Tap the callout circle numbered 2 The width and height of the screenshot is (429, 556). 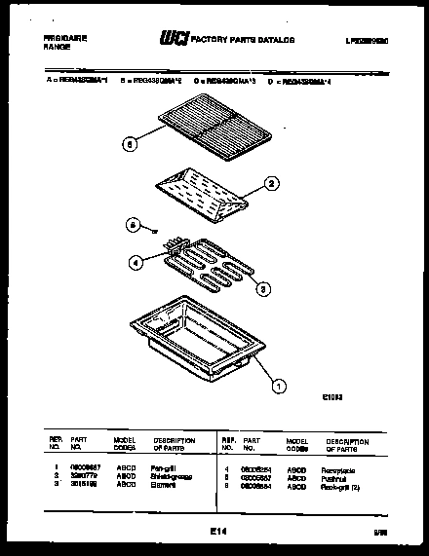point(273,182)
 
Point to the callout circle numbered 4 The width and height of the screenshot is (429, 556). point(136,260)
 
